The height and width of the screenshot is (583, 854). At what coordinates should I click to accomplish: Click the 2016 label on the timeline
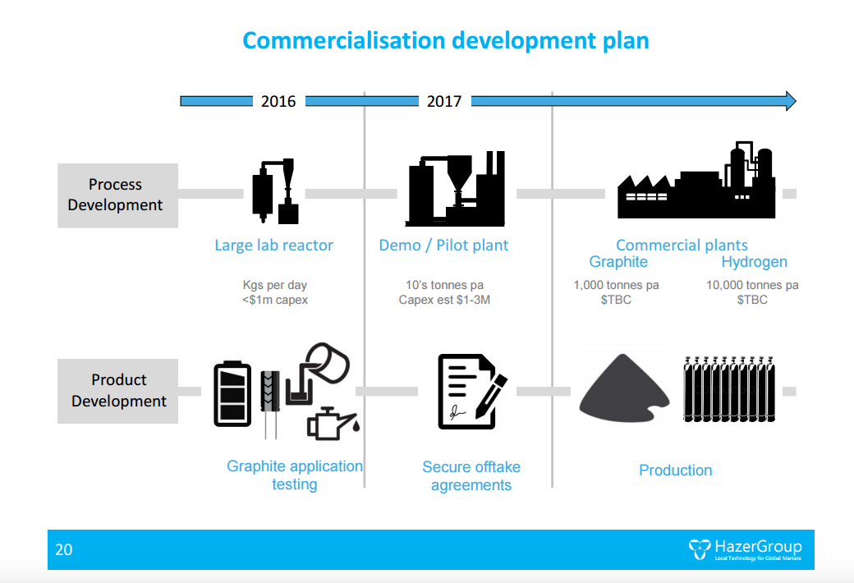[x=278, y=101]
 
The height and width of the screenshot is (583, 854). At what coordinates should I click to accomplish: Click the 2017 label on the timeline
[x=444, y=101]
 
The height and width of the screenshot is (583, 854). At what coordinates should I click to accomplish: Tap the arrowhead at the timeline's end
[x=791, y=101]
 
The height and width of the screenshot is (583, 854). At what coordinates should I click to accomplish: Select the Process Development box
[x=117, y=195]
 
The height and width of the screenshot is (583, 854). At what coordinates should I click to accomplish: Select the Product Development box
[x=117, y=391]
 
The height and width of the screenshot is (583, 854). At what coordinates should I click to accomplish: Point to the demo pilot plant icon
[x=455, y=189]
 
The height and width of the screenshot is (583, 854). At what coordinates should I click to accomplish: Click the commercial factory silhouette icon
[x=696, y=181]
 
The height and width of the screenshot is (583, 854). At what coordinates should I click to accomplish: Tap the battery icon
[x=232, y=393]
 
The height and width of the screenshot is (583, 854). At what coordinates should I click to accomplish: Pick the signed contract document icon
[x=471, y=391]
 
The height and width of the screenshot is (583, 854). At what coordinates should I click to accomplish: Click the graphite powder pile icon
[x=623, y=389]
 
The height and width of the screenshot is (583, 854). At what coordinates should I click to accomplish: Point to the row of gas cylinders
[x=728, y=389]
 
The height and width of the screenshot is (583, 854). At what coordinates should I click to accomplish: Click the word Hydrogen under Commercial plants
[x=755, y=262]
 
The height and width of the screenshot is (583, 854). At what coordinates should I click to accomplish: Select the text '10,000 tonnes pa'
[x=752, y=285]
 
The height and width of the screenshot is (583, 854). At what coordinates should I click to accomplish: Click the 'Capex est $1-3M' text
[x=444, y=300]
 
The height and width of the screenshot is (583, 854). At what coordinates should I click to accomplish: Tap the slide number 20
[x=64, y=550]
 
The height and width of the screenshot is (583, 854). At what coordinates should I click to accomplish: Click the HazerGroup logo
[x=745, y=549]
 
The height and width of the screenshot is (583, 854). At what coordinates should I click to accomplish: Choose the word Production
[x=675, y=471]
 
